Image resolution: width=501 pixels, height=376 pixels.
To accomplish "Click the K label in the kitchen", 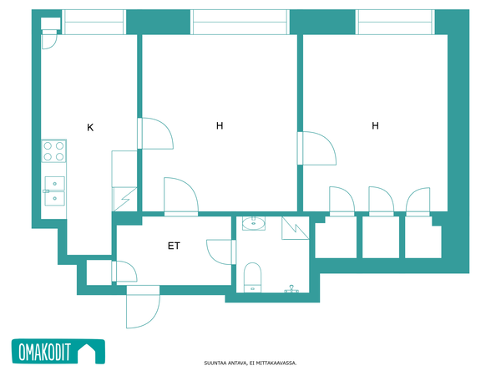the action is (x=90, y=128).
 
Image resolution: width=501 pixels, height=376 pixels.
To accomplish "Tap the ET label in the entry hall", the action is (x=174, y=246).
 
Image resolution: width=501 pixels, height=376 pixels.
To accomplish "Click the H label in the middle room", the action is (x=220, y=125).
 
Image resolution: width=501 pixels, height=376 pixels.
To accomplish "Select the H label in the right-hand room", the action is (x=376, y=125).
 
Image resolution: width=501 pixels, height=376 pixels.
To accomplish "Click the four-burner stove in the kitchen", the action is (x=53, y=151).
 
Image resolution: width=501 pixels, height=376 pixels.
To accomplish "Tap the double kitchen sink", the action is (x=54, y=191).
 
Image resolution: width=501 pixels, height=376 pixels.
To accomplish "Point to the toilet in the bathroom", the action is (x=252, y=277).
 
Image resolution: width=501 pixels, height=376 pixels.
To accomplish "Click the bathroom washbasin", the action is (x=254, y=223).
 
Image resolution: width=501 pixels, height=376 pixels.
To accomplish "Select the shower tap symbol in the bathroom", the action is (x=291, y=289).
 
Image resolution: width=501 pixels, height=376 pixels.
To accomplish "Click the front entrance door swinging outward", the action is (x=143, y=307).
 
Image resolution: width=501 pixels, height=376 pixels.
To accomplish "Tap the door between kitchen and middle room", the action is (x=155, y=134).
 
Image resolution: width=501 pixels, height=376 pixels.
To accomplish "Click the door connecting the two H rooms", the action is (x=317, y=148).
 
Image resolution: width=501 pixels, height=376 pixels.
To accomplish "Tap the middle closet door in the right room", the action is (x=382, y=201).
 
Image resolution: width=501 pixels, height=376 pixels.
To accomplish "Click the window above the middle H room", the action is (x=240, y=22).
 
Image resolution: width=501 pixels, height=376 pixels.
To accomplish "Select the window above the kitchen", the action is (x=94, y=22).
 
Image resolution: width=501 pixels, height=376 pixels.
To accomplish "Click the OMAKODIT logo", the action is (x=58, y=352).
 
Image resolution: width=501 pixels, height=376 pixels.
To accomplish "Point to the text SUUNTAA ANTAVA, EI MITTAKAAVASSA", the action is (x=250, y=363).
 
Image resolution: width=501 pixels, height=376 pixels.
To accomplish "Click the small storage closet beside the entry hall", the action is (x=99, y=272).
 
